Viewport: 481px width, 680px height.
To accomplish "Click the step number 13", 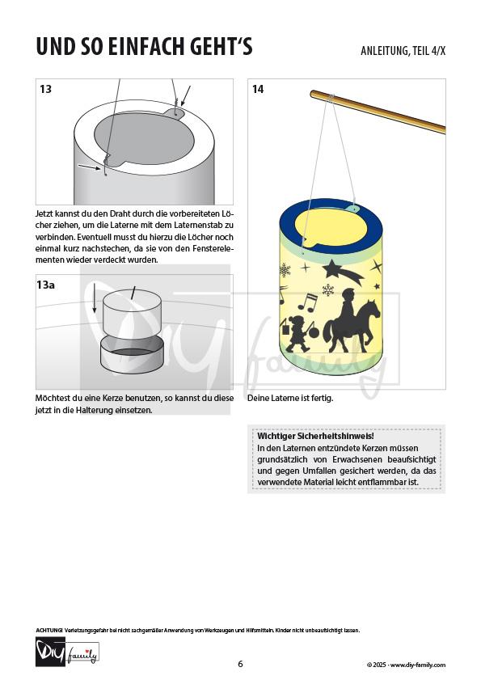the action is [x=45, y=89].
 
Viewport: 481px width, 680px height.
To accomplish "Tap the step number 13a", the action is [x=45, y=285].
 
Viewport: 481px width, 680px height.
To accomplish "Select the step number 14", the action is [x=258, y=89].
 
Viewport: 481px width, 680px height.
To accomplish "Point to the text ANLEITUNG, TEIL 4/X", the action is [x=403, y=51].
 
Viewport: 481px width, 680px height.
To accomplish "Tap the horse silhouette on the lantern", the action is [x=352, y=325].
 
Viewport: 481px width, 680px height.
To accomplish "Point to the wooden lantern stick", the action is [x=378, y=112].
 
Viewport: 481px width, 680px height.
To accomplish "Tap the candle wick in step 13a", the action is [x=133, y=293].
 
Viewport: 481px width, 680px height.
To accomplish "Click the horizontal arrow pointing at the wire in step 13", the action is [x=90, y=167].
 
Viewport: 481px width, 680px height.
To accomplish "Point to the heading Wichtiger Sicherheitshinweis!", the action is [x=316, y=436].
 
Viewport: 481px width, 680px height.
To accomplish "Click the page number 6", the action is [x=241, y=664].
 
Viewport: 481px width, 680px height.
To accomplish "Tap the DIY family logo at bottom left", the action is [x=67, y=652].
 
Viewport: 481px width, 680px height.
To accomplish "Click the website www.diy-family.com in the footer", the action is [x=418, y=665].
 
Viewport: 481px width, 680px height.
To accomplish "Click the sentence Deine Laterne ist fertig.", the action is [x=290, y=398].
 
